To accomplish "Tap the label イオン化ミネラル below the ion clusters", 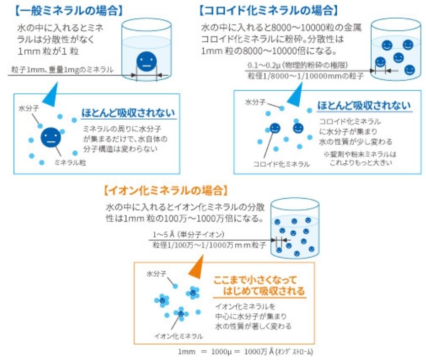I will [178, 336].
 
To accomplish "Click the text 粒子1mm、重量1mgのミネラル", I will [61, 69].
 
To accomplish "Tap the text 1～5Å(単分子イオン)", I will [188, 235].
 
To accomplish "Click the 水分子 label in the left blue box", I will [28, 109].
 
